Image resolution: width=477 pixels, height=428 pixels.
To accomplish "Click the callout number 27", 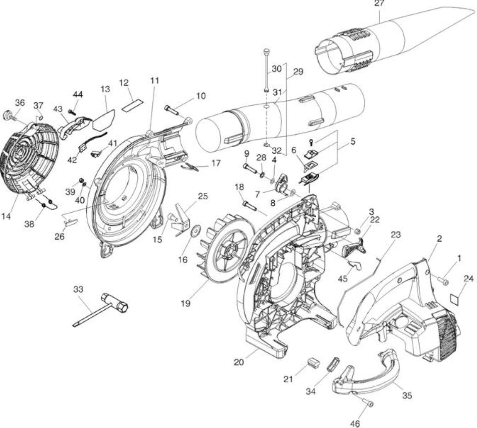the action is pyautogui.click(x=379, y=4).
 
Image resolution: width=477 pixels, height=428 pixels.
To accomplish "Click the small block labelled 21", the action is pyautogui.click(x=313, y=363).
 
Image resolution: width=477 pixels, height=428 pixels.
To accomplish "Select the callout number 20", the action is pyautogui.click(x=239, y=362).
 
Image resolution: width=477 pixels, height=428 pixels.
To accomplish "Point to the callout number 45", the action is pyautogui.click(x=343, y=279).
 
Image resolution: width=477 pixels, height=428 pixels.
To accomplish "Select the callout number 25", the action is pyautogui.click(x=203, y=196).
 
